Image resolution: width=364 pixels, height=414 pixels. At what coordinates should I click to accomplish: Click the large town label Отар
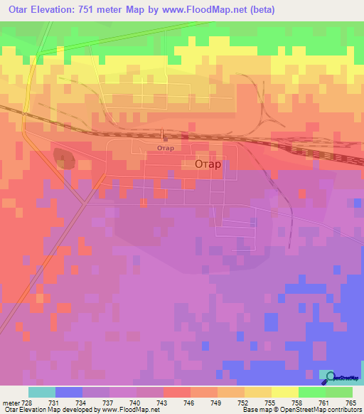coord(208,164)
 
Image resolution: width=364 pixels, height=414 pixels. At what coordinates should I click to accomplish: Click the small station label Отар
coord(165,148)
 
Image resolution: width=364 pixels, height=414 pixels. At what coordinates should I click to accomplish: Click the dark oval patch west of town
coord(64,158)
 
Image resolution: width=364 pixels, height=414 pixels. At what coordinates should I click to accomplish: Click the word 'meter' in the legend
coord(9,403)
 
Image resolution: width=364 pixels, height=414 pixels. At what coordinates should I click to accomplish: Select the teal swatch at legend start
coord(41,393)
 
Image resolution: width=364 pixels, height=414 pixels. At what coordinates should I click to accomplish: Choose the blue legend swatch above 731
coord(68,393)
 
